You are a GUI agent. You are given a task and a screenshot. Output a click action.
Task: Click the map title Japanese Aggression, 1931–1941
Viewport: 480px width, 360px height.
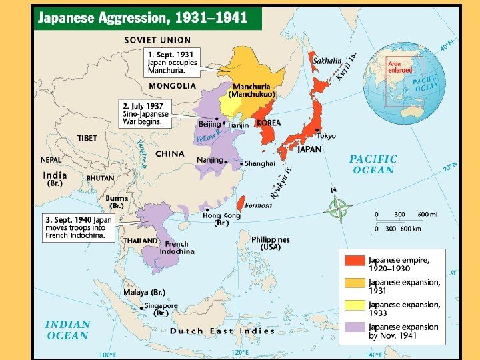tap(143, 18)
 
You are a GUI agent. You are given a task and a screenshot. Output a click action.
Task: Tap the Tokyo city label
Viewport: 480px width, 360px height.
tap(326, 136)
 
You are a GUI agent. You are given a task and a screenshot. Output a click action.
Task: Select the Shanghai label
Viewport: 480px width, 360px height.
tap(260, 163)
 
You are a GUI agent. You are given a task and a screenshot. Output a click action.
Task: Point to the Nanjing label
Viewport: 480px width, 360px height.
tap(210, 160)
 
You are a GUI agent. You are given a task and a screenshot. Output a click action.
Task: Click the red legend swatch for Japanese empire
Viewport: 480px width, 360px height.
tap(355, 261)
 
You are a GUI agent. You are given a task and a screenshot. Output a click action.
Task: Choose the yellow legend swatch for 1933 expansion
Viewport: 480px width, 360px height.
tap(355, 306)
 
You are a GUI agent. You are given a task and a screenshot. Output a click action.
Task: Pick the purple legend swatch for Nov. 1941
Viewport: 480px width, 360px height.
tap(355, 329)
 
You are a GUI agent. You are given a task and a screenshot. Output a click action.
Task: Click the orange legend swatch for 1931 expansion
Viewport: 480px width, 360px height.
tap(355, 283)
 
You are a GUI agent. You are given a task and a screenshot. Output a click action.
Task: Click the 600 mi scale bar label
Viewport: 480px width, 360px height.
tap(427, 215)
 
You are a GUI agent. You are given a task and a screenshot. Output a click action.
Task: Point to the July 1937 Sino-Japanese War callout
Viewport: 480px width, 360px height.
tap(145, 113)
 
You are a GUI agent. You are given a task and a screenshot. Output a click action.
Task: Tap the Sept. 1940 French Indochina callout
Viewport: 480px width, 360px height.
tap(79, 227)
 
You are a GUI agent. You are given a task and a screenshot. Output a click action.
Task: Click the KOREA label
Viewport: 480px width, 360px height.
tap(269, 123)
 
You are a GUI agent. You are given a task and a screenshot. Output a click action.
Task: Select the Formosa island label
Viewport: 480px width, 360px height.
tap(258, 205)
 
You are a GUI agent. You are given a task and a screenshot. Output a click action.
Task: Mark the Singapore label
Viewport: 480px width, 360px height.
tap(162, 309)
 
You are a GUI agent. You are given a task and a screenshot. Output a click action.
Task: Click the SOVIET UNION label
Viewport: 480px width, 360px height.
tap(157, 40)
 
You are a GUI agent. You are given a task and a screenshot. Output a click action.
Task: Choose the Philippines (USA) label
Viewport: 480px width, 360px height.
tap(270, 243)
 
